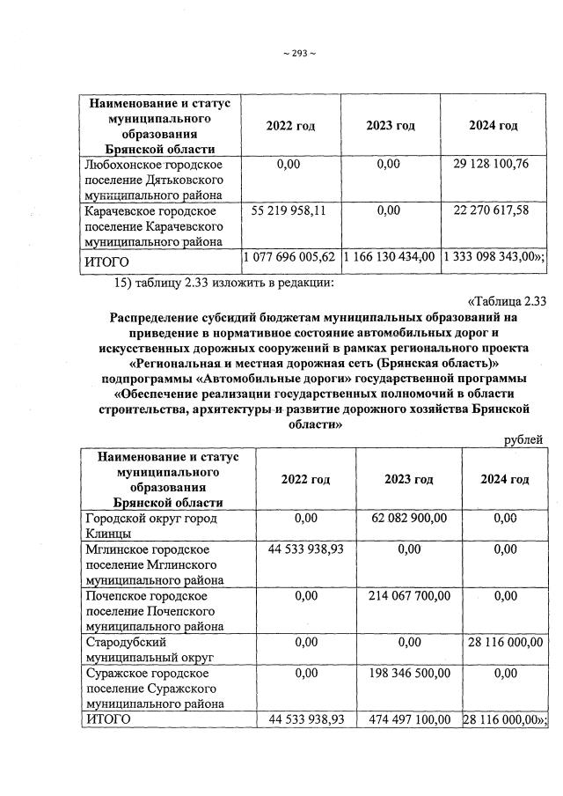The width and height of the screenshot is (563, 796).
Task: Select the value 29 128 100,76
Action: [x=492, y=164]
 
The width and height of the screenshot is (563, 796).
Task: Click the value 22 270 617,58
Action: [x=492, y=211]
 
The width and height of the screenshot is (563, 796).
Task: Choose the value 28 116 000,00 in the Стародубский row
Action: [x=504, y=643]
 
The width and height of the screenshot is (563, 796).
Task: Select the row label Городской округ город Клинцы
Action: [x=150, y=526]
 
